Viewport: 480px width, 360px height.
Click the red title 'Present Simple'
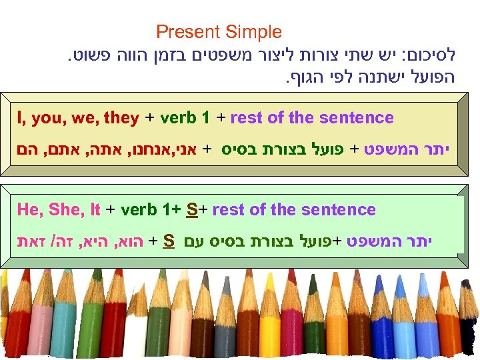[x=219, y=31]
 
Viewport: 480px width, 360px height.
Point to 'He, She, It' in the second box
[x=59, y=210]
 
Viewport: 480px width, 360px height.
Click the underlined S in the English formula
[x=193, y=210]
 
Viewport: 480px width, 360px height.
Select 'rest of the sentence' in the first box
[x=312, y=119]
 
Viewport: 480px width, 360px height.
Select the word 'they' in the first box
[x=121, y=119]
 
